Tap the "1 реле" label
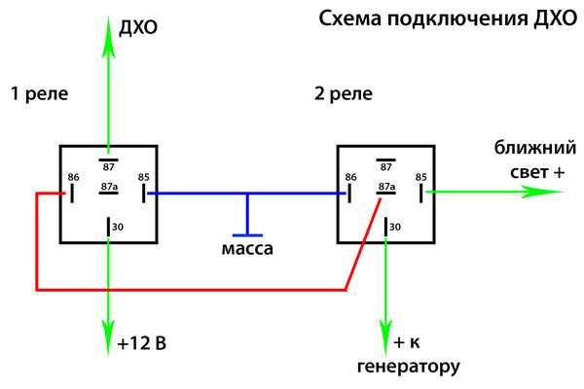coord(35,94)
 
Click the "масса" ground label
coord(247,249)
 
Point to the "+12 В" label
coord(141,344)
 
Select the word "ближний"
coord(527,149)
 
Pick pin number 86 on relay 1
coord(74,177)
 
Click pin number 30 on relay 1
coord(120,227)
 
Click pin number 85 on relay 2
coord(420,177)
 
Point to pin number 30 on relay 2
coord(394,227)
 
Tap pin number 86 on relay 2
coord(351,177)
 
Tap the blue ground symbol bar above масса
coord(247,233)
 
